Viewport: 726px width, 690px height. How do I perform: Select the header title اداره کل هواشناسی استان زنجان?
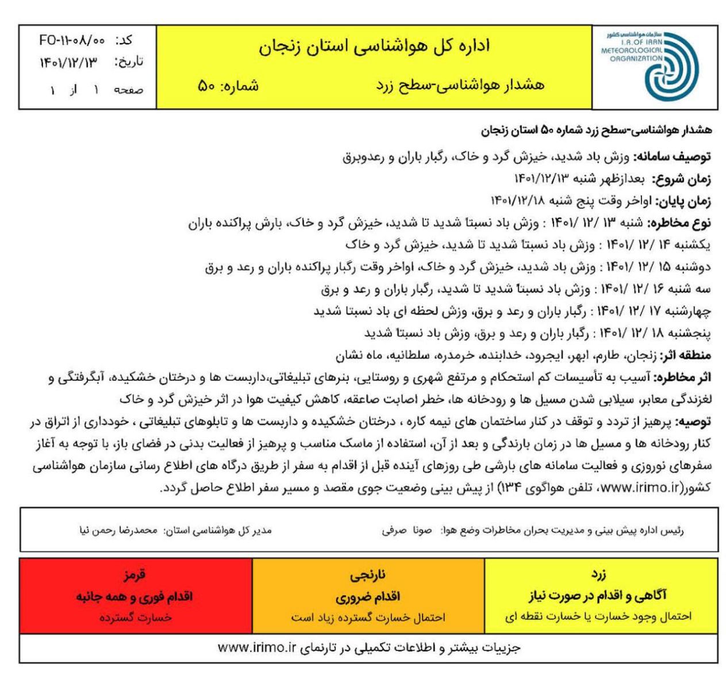pyautogui.click(x=373, y=46)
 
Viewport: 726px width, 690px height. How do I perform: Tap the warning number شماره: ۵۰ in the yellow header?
pyautogui.click(x=227, y=86)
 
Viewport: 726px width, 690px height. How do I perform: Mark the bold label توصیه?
pyautogui.click(x=695, y=421)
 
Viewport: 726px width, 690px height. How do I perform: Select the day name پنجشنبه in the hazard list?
pyautogui.click(x=690, y=333)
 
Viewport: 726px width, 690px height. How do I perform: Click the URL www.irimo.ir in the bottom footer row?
pyautogui.click(x=256, y=647)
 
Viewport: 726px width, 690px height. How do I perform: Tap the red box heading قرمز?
pyautogui.click(x=135, y=574)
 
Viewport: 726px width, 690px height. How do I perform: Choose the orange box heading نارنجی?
pyautogui.click(x=368, y=574)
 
